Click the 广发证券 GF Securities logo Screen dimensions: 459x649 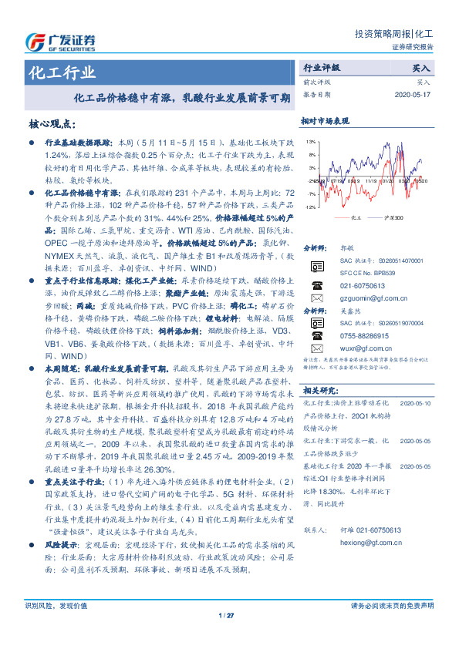(x=62, y=41)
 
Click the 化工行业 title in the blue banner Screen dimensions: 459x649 (x=62, y=73)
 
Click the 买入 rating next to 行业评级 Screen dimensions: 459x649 (x=421, y=68)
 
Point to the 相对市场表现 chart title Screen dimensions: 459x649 (x=325, y=121)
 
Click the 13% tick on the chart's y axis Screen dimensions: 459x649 (x=310, y=142)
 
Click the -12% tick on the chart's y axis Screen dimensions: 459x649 (x=309, y=207)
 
